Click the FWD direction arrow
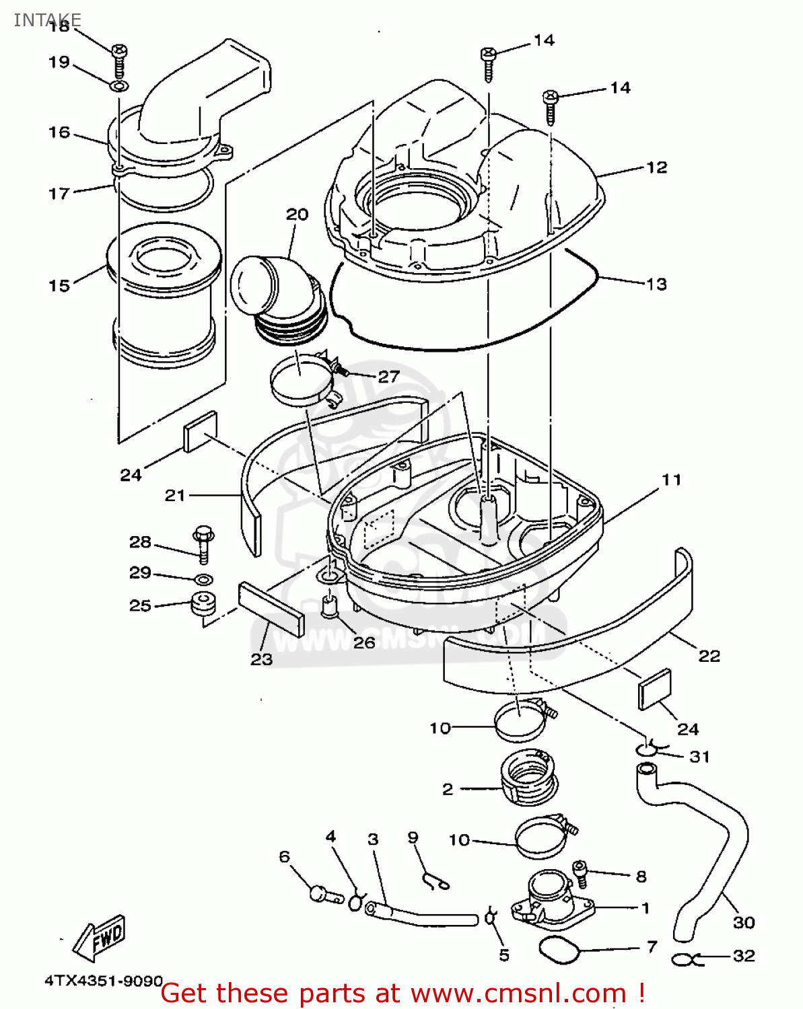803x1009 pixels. pos(100,938)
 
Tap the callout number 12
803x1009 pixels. pos(656,167)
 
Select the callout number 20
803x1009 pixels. pos(297,215)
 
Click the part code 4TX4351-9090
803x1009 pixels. pos(103,981)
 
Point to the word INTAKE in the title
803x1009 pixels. pos(47,20)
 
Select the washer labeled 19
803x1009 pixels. pos(119,87)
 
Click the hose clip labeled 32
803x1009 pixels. pos(686,959)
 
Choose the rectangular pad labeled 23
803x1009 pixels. pos(271,609)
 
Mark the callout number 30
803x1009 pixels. pos(743,922)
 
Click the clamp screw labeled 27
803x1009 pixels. pos(342,369)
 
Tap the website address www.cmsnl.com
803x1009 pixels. pos(518,994)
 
